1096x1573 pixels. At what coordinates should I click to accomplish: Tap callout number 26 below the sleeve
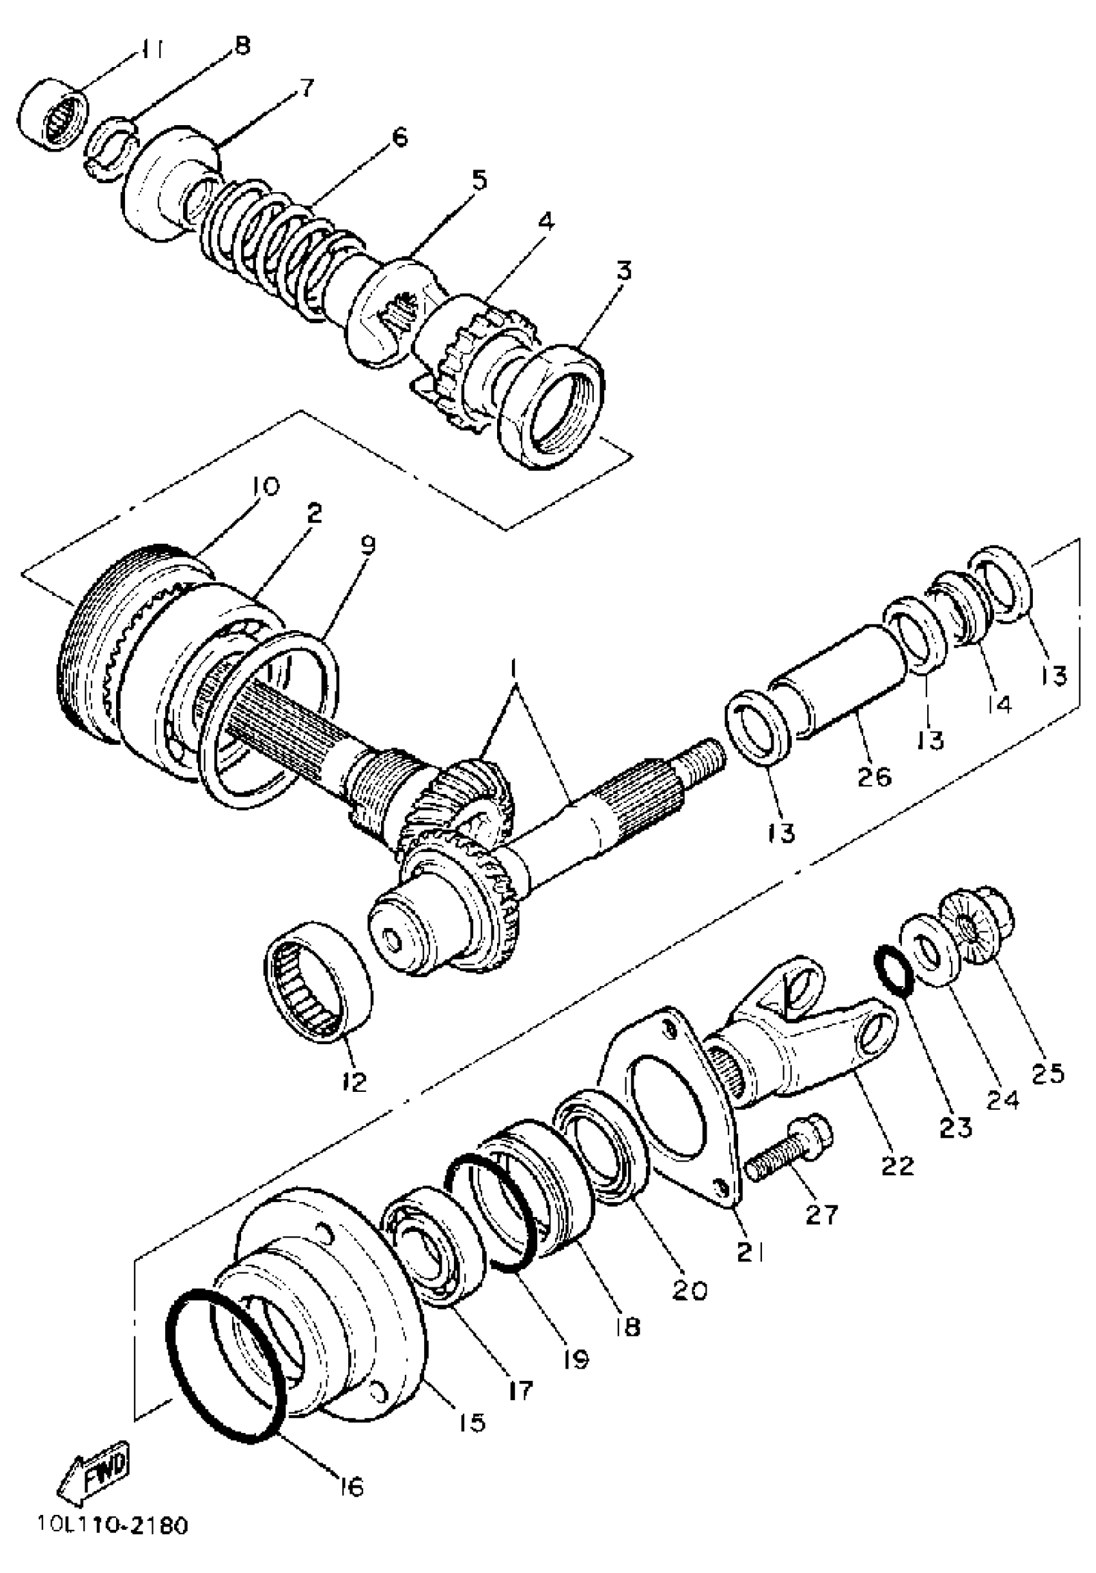tap(874, 777)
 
